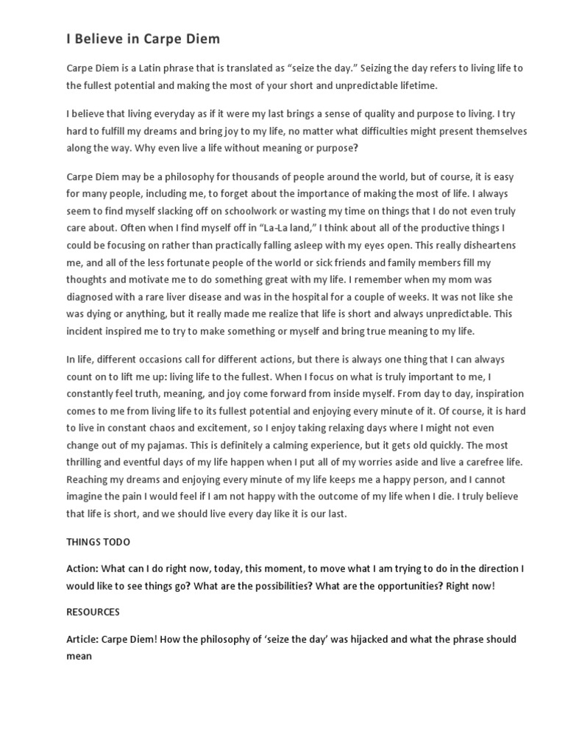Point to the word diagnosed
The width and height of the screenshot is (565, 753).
tap(92, 297)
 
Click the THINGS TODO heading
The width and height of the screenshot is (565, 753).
tap(98, 542)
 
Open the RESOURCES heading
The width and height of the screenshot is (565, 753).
tap(93, 612)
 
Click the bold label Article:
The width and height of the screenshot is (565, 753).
tap(83, 639)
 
